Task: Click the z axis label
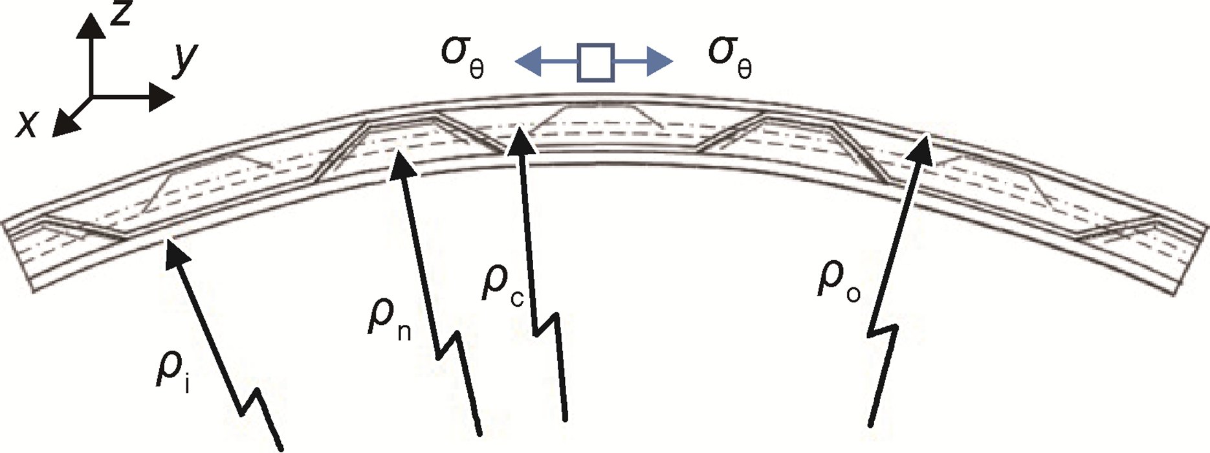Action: [x=120, y=14]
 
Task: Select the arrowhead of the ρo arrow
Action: [x=923, y=140]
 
